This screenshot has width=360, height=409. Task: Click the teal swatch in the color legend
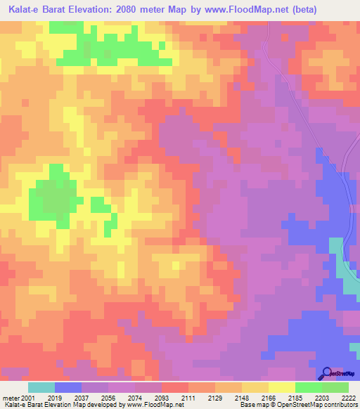41,387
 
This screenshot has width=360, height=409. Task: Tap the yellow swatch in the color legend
281,387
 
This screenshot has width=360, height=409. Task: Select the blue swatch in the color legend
68,387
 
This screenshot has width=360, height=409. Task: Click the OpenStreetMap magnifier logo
326,373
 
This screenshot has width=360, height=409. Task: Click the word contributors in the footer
339,405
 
